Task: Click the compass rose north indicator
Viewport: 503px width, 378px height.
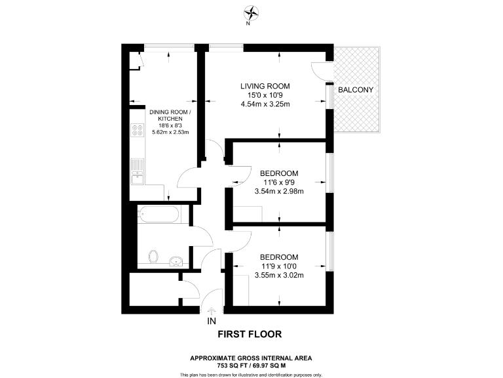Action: click(x=251, y=13)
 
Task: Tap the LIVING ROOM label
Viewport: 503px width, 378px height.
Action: click(x=265, y=87)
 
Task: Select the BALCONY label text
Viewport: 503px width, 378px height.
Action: click(x=356, y=89)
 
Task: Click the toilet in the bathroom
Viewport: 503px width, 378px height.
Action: click(x=155, y=256)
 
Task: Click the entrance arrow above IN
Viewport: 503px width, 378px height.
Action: click(x=211, y=311)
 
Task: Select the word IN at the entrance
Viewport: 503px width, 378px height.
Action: click(x=211, y=322)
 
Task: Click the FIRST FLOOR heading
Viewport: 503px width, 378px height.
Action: click(x=250, y=334)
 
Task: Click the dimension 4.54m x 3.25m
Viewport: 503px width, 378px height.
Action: click(x=265, y=104)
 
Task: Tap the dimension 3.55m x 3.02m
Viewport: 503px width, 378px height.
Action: click(x=279, y=274)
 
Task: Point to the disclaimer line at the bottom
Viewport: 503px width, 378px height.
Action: click(x=251, y=374)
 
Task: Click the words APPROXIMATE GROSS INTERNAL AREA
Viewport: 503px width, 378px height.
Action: click(x=251, y=358)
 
